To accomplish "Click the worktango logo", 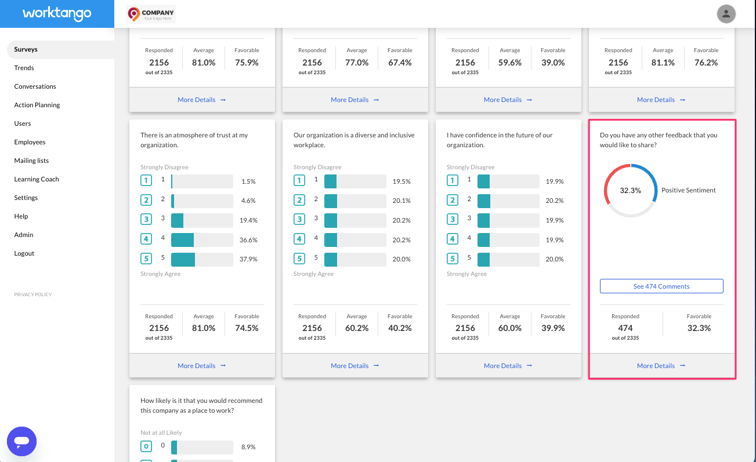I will pos(57,13).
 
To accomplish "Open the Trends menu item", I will pos(24,68).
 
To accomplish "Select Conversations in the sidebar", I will pos(35,86).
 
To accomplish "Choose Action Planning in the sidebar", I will pos(37,105).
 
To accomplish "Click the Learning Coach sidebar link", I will pos(37,179).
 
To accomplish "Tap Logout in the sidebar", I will pos(24,253).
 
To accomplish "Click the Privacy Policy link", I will pos(33,294).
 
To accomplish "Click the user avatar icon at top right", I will pos(726,14).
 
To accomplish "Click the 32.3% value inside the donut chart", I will pos(630,190).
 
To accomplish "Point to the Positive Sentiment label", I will pos(689,190).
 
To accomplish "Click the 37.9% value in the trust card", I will pos(248,259).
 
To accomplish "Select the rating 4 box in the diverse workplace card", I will pos(299,239).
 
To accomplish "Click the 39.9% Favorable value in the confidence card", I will pos(552,328).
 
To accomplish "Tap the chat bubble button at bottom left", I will pos(22,441).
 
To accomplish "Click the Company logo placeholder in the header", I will pos(151,14).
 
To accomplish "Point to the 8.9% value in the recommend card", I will pos(248,447).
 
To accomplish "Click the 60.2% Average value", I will pos(356,328).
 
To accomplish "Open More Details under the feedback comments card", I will pos(661,366).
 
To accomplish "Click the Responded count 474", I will pos(625,328).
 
